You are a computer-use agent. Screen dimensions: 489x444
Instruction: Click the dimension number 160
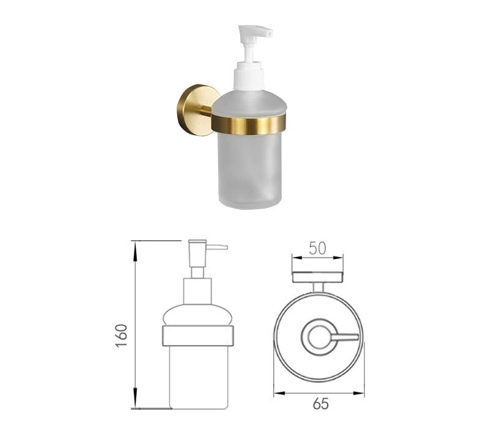pyautogui.click(x=122, y=335)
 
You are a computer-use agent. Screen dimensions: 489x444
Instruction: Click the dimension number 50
pyautogui.click(x=317, y=248)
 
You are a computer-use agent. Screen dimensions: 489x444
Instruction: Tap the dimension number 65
pyautogui.click(x=321, y=404)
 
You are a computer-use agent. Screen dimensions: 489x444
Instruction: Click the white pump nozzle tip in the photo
pyautogui.click(x=270, y=33)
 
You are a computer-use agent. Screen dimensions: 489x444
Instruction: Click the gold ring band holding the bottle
pyautogui.click(x=249, y=124)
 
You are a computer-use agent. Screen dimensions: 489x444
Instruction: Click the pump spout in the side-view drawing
pyautogui.click(x=218, y=248)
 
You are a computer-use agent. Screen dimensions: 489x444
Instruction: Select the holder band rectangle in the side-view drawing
pyautogui.click(x=197, y=336)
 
